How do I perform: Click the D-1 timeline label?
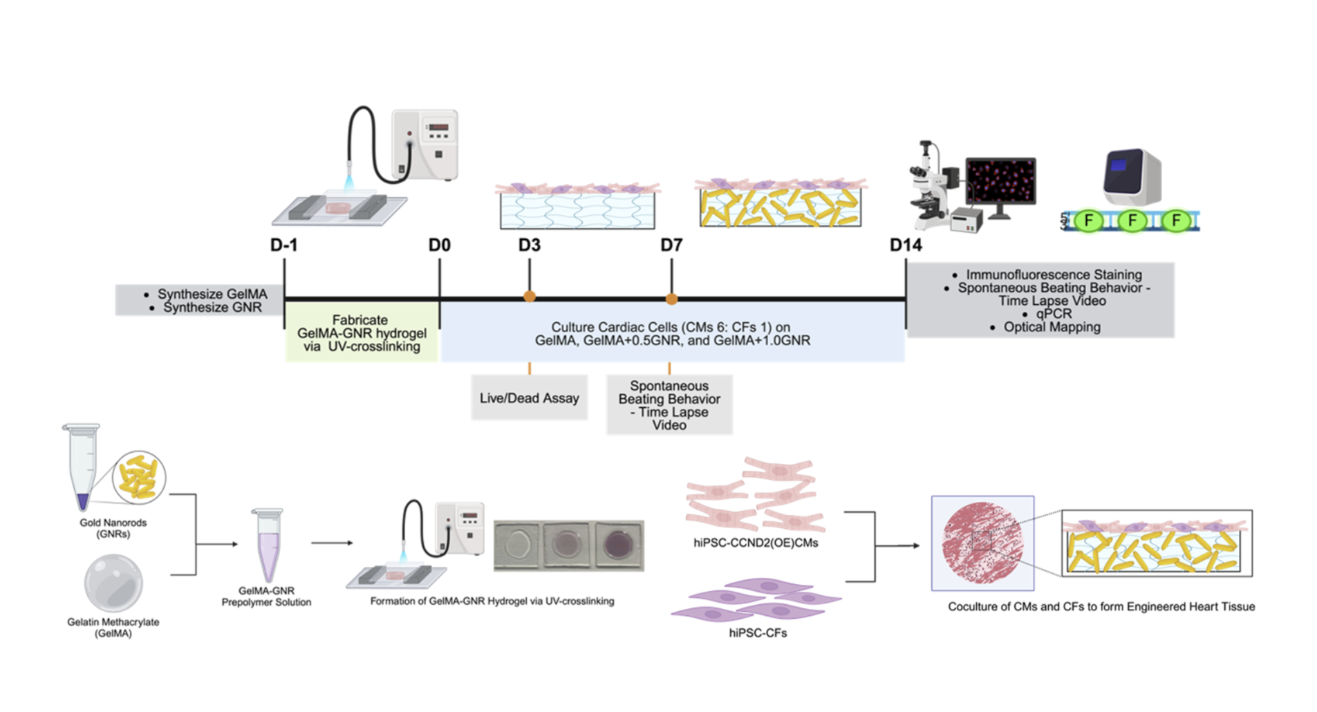[283, 245]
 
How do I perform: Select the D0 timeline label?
[440, 245]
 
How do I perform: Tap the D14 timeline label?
[906, 245]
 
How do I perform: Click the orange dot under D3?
[530, 297]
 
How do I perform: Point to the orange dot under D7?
[671, 299]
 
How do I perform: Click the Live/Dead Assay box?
[530, 398]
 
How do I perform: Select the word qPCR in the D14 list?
[1053, 314]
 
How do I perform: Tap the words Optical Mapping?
[1052, 327]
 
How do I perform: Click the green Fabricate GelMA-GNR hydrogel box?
[362, 333]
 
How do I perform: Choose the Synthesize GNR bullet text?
[212, 308]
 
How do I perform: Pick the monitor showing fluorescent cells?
[1000, 182]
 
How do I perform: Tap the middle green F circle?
[1132, 221]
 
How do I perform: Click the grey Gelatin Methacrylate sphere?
[113, 583]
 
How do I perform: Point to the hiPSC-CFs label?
[758, 633]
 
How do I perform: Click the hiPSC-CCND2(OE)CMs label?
[756, 543]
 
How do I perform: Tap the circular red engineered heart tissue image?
[982, 543]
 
